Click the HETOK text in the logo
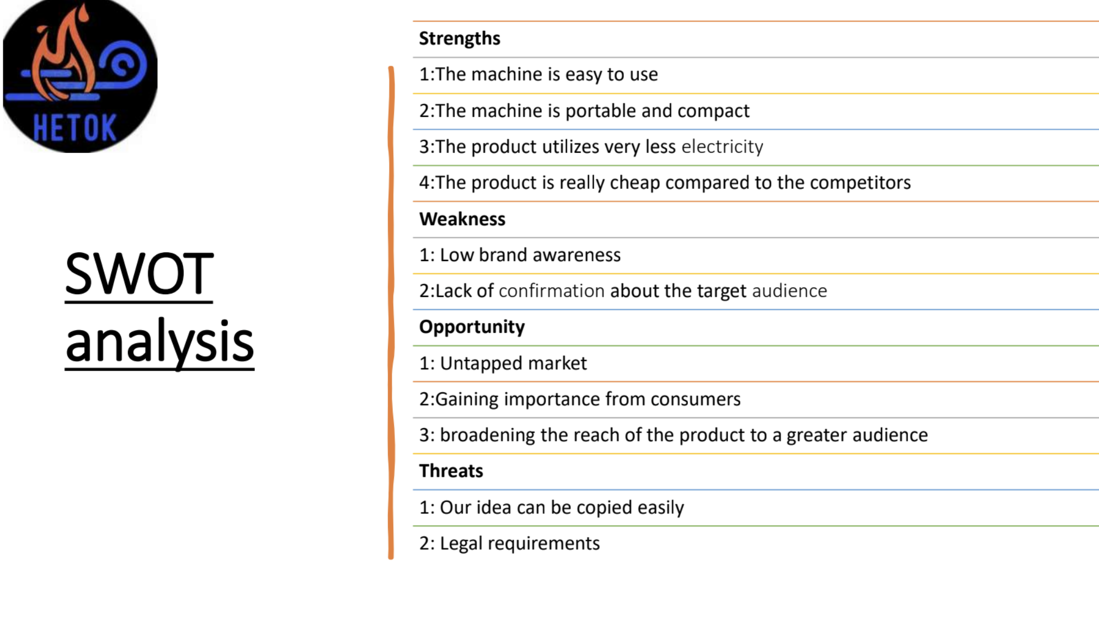click(74, 129)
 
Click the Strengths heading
click(460, 39)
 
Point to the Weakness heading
click(462, 219)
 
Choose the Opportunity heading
click(472, 327)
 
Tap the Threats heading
click(451, 471)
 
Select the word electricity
click(723, 147)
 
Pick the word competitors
click(860, 183)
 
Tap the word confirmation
click(552, 291)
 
